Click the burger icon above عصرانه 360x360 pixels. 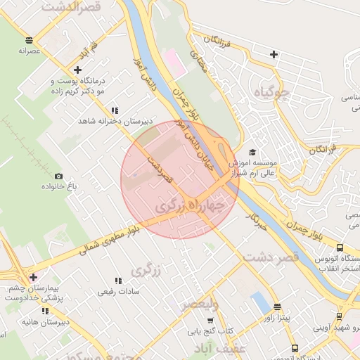pos(28,40)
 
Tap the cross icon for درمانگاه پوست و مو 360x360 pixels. pos(77,70)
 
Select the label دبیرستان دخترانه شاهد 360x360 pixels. pos(115,121)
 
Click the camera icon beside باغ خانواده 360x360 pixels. pos(58,176)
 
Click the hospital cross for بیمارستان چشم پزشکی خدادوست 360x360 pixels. pos(33,277)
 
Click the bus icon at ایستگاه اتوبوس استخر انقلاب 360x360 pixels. pos(340,248)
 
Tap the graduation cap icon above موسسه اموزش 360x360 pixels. pos(252,153)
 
